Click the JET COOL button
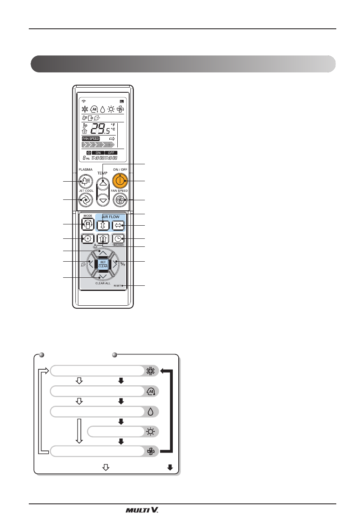86,199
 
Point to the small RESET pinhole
122,286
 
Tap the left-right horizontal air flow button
117,225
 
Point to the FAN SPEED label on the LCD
90,138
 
